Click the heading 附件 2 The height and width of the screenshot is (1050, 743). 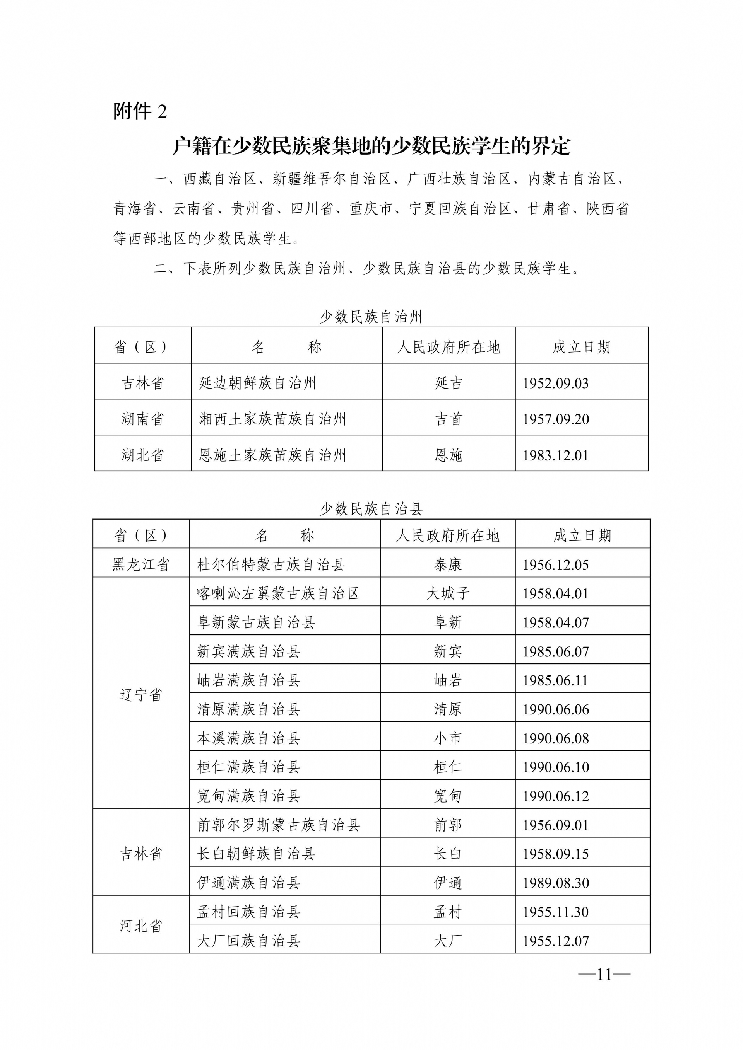[x=140, y=111]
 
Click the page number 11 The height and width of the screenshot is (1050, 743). [x=604, y=974]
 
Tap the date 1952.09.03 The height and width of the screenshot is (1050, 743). [x=555, y=383]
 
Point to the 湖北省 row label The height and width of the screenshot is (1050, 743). [x=142, y=455]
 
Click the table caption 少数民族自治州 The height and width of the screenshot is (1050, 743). [x=371, y=317]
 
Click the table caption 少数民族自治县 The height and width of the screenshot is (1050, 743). [x=371, y=508]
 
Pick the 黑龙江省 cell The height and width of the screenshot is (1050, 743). [x=141, y=564]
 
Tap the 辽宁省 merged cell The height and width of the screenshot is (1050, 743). [x=141, y=695]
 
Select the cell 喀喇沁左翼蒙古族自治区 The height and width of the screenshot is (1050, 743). [x=278, y=593]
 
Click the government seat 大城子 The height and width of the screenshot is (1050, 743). [x=448, y=593]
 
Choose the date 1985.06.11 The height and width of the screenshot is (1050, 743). [x=555, y=680]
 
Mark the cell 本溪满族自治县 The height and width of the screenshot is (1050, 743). [x=248, y=738]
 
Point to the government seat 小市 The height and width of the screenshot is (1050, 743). [x=448, y=738]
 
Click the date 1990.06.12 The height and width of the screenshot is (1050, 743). [x=555, y=796]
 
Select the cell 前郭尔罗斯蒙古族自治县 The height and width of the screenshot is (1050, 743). [x=278, y=825]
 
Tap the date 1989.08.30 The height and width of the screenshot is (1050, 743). [x=555, y=883]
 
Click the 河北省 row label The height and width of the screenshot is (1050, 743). [x=141, y=926]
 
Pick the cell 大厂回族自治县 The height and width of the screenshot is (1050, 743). [x=248, y=941]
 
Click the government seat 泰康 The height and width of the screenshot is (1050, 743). [x=448, y=564]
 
